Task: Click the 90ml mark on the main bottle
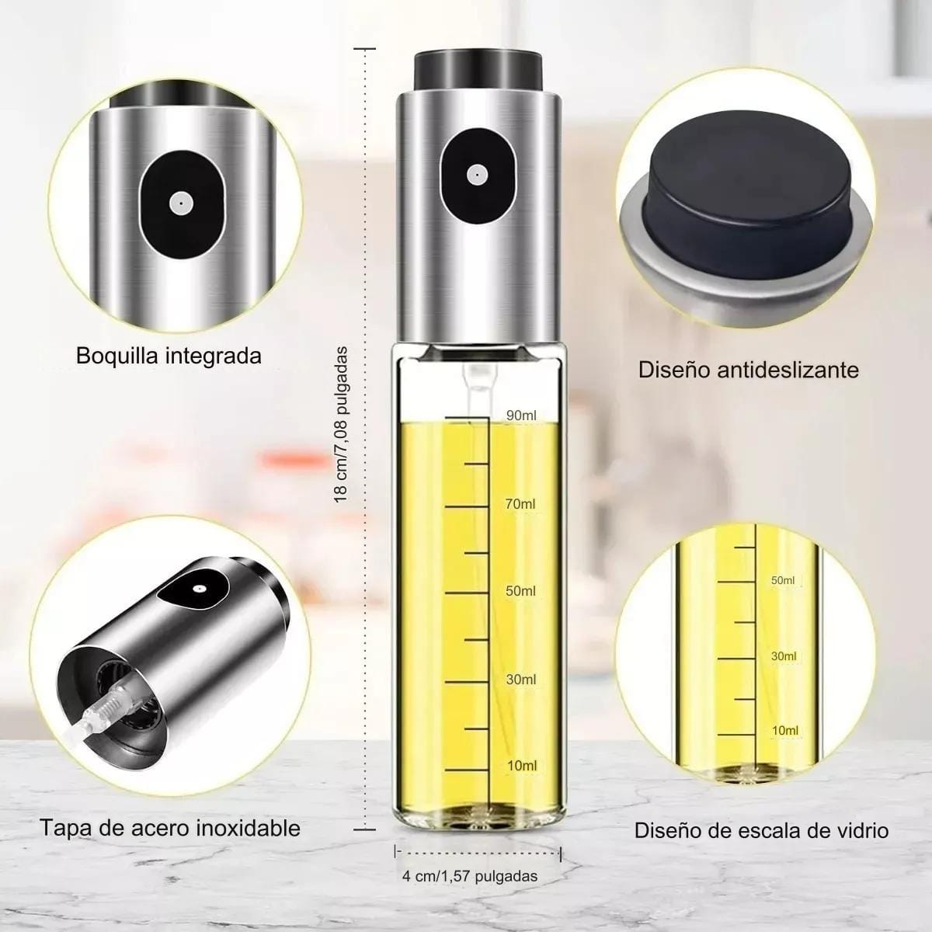coord(521,415)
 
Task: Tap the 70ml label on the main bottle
coord(520,504)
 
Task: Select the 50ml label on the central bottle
coord(520,591)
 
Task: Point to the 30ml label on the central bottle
coord(521,680)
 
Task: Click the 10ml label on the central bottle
coord(522,766)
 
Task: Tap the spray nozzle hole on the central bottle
coord(478,175)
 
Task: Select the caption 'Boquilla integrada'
coord(169,356)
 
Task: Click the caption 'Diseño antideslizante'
coord(749,370)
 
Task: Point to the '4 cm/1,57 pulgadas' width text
coord(470,876)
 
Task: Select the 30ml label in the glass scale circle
coord(784,656)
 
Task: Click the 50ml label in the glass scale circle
coord(783,580)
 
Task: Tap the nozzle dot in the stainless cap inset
coord(197,589)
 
